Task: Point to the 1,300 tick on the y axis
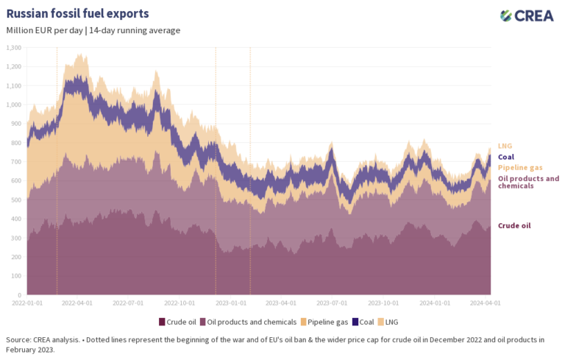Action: click(14, 48)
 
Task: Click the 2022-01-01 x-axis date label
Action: click(27, 302)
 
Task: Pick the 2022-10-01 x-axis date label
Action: click(181, 302)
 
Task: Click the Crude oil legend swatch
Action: click(162, 322)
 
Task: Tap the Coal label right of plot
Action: click(506, 157)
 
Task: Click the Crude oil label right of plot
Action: click(514, 225)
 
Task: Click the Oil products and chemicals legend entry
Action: click(249, 322)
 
